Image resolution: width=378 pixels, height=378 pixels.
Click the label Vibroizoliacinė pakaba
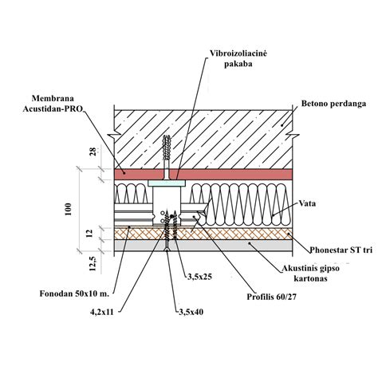(x=238, y=58)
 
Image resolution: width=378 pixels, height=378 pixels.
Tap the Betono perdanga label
(x=333, y=104)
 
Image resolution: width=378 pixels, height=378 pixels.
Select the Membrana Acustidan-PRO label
(x=53, y=104)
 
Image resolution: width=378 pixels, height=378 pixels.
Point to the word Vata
(x=308, y=203)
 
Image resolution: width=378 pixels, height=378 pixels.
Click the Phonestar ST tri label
(x=341, y=250)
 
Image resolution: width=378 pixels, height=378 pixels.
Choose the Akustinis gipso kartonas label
(x=310, y=273)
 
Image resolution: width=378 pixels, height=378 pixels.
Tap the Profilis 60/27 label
(x=271, y=297)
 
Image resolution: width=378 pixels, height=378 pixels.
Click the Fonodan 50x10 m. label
(x=74, y=293)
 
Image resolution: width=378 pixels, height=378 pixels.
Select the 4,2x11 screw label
(x=102, y=312)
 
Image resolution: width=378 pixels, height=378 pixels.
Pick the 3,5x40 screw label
(x=191, y=312)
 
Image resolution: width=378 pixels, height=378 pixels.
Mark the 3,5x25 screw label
(x=200, y=277)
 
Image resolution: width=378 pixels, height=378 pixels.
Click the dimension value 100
(x=69, y=209)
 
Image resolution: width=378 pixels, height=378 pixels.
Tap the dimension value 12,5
(x=93, y=263)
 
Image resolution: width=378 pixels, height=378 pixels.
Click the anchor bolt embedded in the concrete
(x=167, y=157)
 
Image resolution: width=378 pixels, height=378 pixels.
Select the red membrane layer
(x=203, y=174)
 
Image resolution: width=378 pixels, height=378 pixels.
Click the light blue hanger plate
(x=167, y=183)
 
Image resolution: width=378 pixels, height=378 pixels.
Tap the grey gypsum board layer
(x=203, y=245)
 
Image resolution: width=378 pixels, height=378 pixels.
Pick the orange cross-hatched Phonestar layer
(x=203, y=234)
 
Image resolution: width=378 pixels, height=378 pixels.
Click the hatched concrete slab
(x=203, y=140)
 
